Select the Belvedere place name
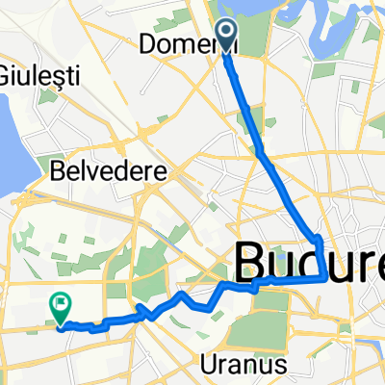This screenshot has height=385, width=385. tap(108, 173)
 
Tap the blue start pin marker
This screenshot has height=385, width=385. tap(227, 36)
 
